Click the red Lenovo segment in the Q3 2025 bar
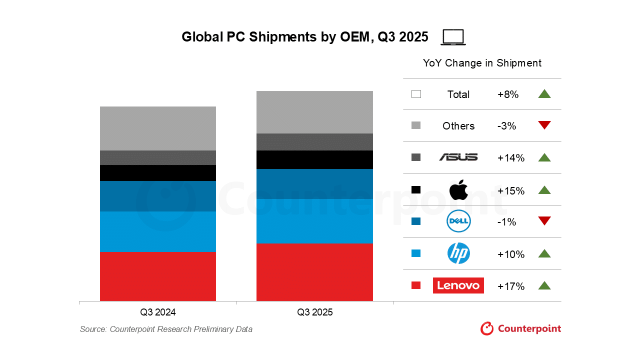(314, 272)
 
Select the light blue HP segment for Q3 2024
(158, 231)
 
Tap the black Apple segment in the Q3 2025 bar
(314, 159)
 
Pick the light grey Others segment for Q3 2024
(158, 128)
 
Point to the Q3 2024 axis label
(158, 312)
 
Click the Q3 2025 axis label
(314, 312)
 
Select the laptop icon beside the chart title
(453, 37)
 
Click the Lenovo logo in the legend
(458, 285)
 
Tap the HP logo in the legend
(458, 253)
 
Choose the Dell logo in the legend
(458, 221)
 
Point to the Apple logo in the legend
(458, 190)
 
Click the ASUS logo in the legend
(458, 157)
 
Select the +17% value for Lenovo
(511, 286)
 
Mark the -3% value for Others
(506, 126)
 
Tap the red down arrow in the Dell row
(544, 221)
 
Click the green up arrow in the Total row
(544, 93)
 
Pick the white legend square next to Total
(416, 94)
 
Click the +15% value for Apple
(511, 191)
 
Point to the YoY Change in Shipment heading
(482, 63)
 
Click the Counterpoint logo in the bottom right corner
(520, 328)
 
